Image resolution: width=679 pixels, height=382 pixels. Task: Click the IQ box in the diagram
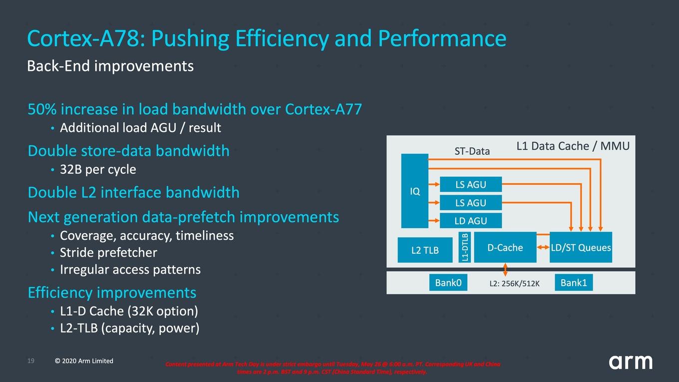click(x=415, y=191)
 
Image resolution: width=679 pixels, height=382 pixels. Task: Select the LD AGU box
click(x=471, y=221)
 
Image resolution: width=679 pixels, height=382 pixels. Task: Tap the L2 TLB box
click(x=425, y=250)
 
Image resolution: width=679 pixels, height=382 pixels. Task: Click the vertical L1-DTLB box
click(x=465, y=247)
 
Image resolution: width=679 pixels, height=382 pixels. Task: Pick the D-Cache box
click(x=505, y=247)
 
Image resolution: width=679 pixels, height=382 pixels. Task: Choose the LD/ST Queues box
click(x=581, y=247)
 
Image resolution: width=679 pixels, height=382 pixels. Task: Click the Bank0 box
click(x=448, y=283)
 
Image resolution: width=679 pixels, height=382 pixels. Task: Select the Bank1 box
click(x=574, y=283)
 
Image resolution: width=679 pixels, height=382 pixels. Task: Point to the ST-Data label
click(x=472, y=151)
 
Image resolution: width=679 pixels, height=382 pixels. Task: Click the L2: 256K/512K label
click(x=514, y=284)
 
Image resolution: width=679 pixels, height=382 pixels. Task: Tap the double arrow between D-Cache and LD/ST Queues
click(x=543, y=247)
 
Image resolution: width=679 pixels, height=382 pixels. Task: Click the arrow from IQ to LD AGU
click(x=434, y=220)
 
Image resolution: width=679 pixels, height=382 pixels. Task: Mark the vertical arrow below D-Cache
click(x=505, y=270)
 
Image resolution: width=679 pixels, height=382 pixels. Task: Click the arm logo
click(x=631, y=362)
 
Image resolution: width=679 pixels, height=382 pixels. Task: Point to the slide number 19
click(x=30, y=361)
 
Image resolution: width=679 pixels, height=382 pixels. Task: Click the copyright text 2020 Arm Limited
click(x=84, y=361)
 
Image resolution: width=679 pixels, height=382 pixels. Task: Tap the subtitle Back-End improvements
click(x=110, y=66)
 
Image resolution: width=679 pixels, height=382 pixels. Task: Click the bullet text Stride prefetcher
click(x=108, y=253)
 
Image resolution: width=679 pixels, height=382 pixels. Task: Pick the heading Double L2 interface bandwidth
click(x=134, y=193)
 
